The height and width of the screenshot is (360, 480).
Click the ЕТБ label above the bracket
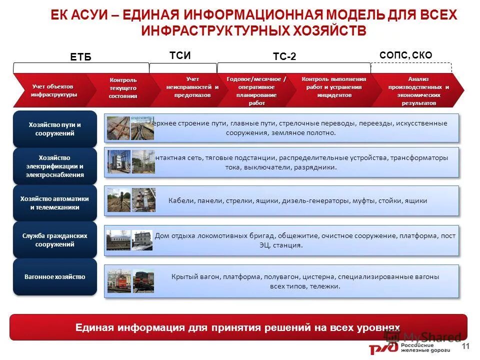(81, 57)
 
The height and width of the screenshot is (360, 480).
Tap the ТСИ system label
(180, 55)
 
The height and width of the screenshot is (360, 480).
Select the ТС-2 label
(284, 57)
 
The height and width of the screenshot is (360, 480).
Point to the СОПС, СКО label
(406, 55)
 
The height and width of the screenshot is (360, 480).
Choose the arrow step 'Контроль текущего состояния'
(123, 88)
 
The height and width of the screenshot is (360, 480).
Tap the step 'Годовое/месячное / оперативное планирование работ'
(256, 91)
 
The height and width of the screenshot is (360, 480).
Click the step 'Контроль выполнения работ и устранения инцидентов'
(333, 87)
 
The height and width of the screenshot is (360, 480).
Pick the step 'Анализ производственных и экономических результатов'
(418, 91)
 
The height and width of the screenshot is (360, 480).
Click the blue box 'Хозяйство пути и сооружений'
(55, 129)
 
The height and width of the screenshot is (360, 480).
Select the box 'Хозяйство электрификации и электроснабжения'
(55, 166)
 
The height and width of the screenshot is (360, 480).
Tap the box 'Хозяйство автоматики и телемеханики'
(55, 203)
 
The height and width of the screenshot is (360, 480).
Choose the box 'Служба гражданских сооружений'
(55, 240)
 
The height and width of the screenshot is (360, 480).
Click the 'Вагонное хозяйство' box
(55, 277)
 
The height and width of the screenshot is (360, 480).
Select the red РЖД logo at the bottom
(382, 348)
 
